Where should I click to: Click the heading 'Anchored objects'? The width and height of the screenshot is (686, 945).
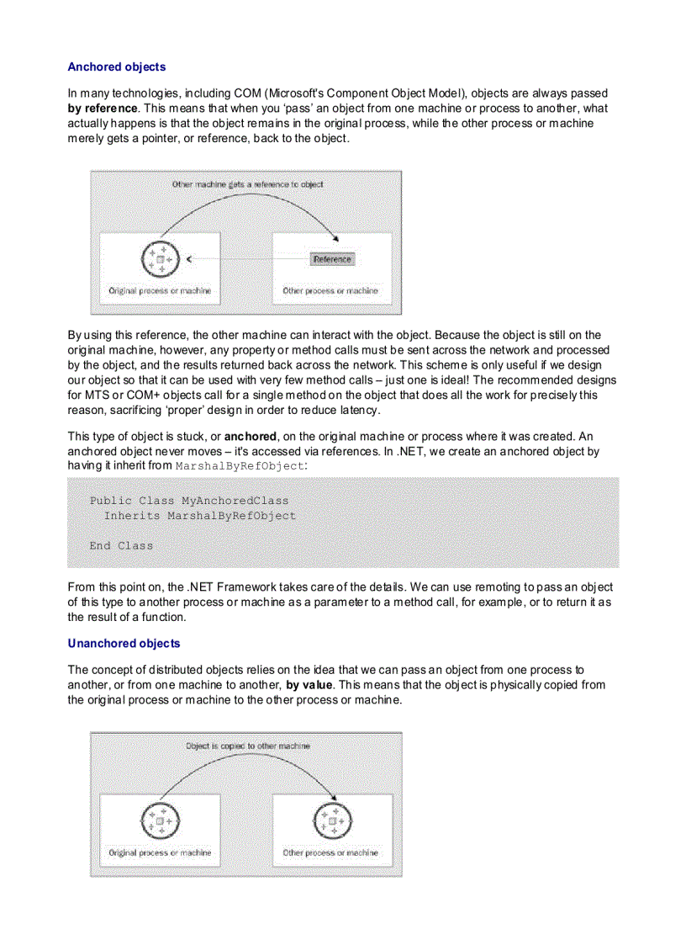click(116, 66)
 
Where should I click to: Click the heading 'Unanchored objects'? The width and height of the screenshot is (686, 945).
click(124, 643)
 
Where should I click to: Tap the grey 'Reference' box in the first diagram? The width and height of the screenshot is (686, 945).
click(332, 259)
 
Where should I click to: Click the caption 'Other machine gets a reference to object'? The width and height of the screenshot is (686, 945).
click(247, 183)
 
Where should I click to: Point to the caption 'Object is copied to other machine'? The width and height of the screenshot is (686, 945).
click(247, 746)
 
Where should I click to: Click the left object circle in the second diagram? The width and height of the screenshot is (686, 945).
click(160, 820)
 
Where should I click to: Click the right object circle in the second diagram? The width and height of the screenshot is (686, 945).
click(334, 820)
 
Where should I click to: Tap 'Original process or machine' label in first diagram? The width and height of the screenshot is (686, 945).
click(160, 290)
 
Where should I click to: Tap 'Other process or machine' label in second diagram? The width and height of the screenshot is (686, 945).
click(330, 852)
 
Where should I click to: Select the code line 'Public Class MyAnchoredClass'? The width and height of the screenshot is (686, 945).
click(189, 500)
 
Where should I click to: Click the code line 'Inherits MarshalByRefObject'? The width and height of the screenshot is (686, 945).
click(200, 515)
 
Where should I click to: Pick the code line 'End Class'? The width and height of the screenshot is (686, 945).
click(121, 545)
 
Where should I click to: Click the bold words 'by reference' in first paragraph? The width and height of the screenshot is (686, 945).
click(103, 109)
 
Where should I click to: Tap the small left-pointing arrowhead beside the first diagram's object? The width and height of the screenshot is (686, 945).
click(189, 259)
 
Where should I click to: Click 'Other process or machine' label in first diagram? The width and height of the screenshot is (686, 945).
click(330, 290)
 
